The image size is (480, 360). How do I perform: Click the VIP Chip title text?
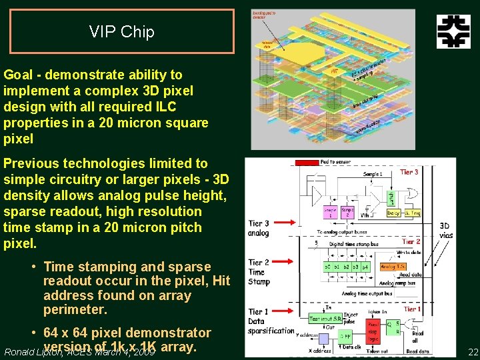(x=121, y=32)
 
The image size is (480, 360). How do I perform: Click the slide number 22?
(x=473, y=352)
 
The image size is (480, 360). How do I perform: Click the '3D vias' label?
(x=445, y=230)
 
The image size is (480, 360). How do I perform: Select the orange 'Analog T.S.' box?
(x=393, y=267)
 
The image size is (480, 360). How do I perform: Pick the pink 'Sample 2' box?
(x=348, y=212)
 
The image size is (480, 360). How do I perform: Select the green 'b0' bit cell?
(x=327, y=267)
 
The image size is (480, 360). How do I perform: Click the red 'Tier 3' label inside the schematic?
(x=409, y=172)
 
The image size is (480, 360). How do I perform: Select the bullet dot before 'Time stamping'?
(x=34, y=267)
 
